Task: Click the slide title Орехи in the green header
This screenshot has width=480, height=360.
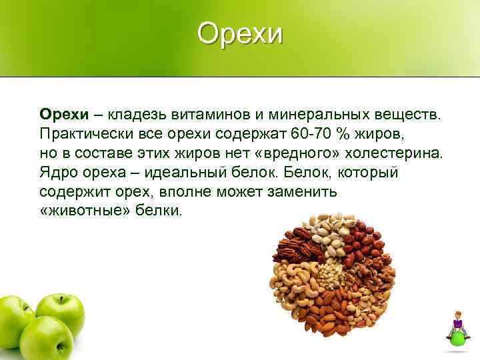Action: (240, 34)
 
